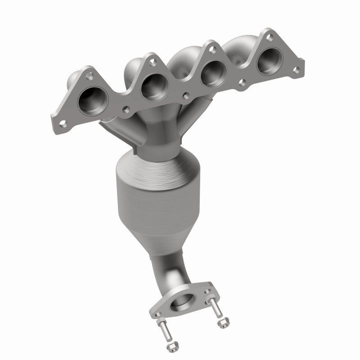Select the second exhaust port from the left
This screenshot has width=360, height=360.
click(x=153, y=87)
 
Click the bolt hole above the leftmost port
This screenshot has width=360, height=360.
click(x=90, y=76)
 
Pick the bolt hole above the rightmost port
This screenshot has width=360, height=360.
click(x=269, y=38)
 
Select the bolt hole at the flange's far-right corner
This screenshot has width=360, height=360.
click(x=296, y=70)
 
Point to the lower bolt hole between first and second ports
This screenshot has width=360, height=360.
click(x=126, y=109)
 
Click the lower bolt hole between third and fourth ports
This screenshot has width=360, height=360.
click(x=242, y=83)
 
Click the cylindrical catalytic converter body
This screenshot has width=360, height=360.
click(x=148, y=193)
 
